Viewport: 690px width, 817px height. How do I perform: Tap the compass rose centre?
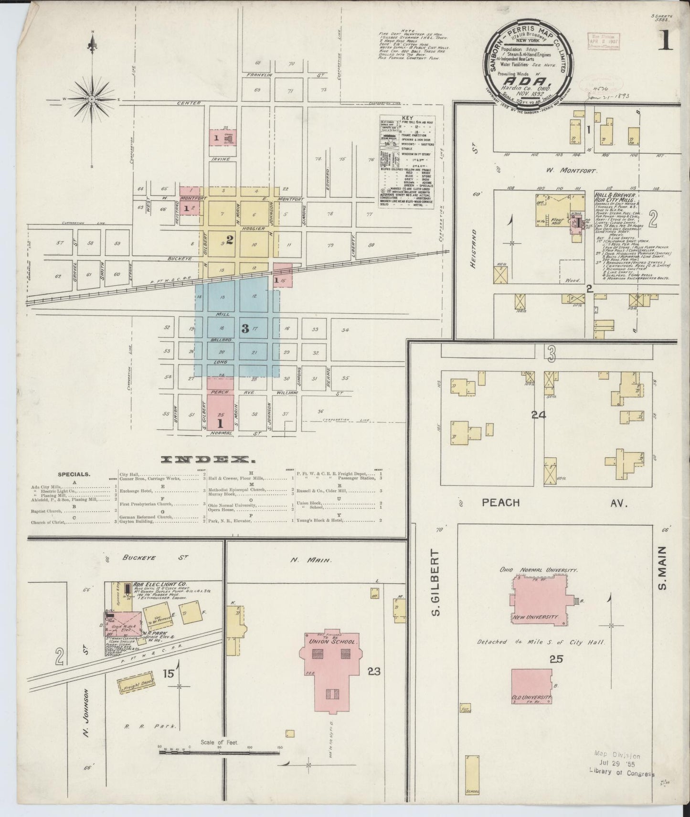91,99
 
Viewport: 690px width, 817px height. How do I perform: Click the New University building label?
535,617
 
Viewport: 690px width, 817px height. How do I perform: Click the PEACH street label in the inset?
500,503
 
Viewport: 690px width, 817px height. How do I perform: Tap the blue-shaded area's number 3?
245,328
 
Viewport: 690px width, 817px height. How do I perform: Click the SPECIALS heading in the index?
74,474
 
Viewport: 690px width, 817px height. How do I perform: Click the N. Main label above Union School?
316,560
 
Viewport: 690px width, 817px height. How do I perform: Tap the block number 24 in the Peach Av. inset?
539,415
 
